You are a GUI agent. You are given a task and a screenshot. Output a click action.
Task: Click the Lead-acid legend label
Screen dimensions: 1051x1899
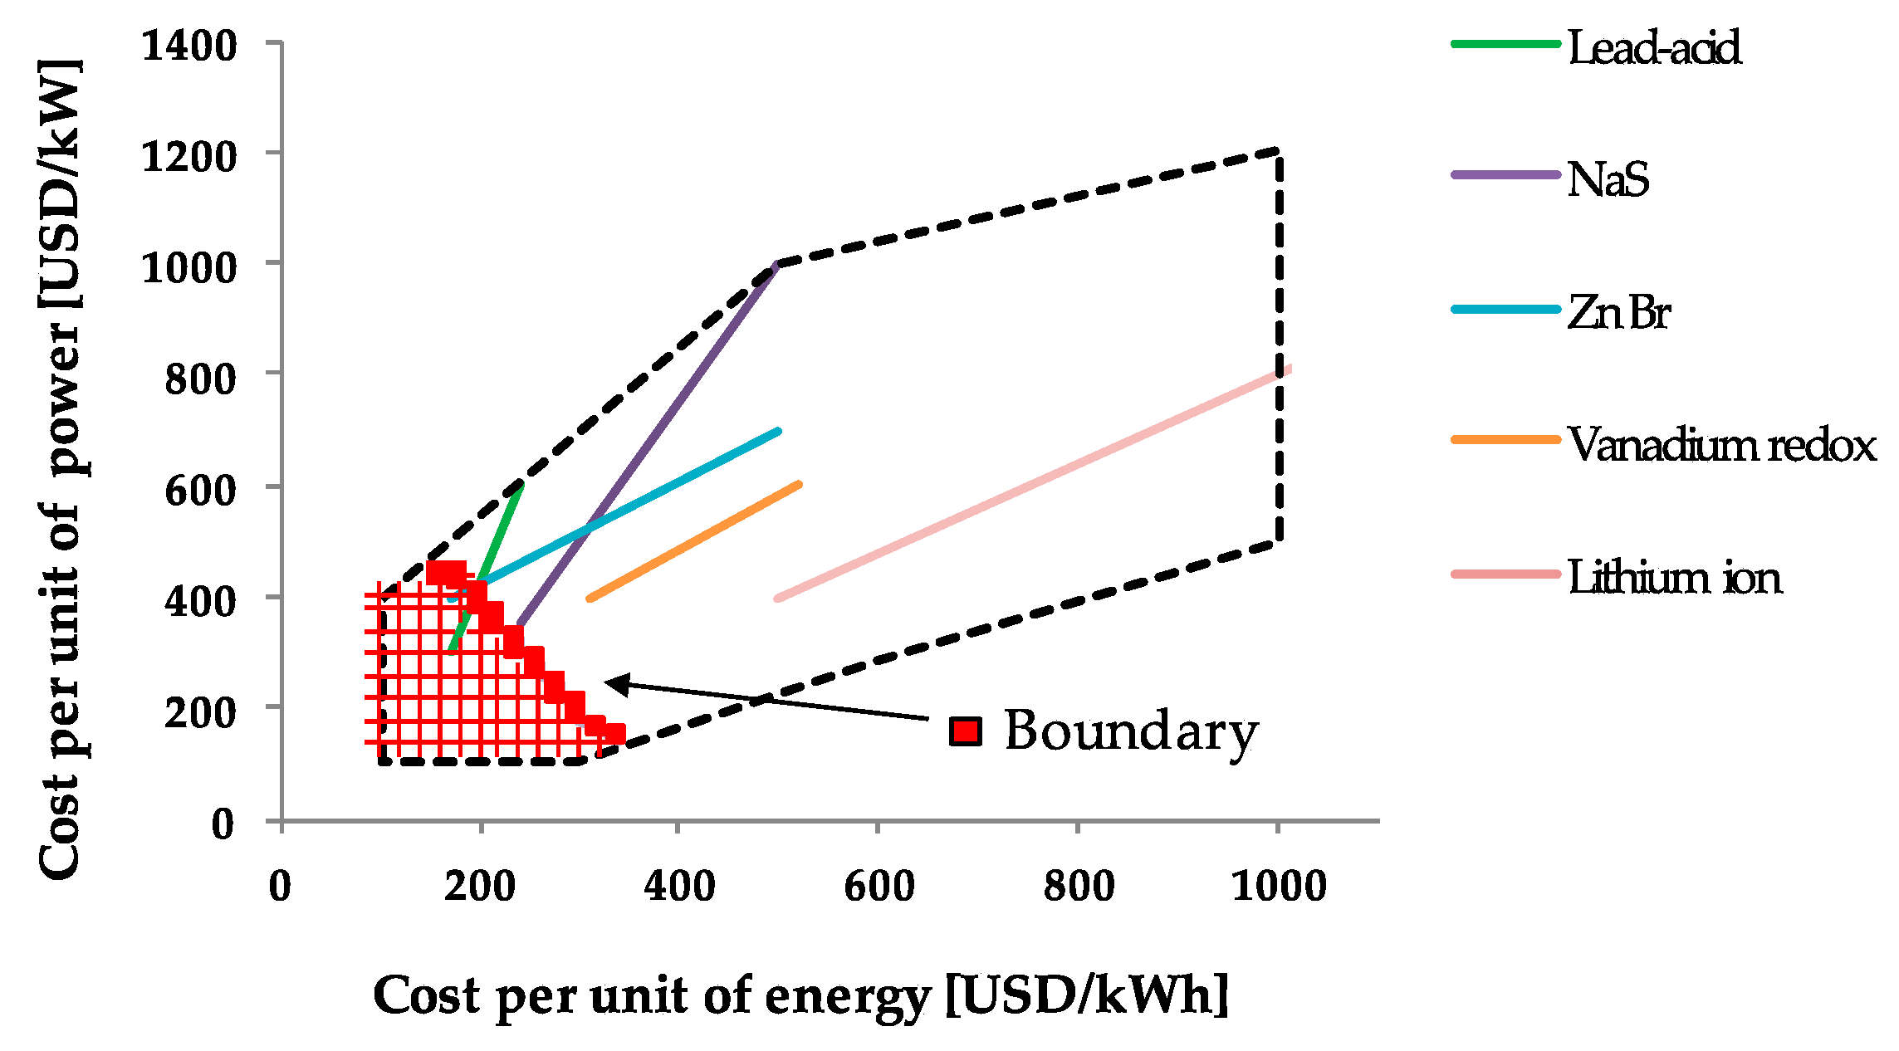pyautogui.click(x=1653, y=47)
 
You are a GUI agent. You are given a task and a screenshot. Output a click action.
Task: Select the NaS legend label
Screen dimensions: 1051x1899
pyautogui.click(x=1608, y=179)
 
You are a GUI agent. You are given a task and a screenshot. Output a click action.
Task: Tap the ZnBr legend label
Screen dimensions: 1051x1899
pyautogui.click(x=1618, y=313)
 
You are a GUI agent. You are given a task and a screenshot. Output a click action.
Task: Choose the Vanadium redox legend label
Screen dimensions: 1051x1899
pyautogui.click(x=1721, y=445)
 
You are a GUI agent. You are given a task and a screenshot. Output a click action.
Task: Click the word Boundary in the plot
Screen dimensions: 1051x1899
pyautogui.click(x=1131, y=731)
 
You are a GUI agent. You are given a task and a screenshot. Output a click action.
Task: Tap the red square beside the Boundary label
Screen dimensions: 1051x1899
pyautogui.click(x=966, y=731)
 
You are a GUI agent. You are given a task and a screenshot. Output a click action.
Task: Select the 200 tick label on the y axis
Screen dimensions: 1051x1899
pyautogui.click(x=200, y=712)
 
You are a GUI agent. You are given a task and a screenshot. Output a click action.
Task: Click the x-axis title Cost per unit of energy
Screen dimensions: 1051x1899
pyautogui.click(x=800, y=995)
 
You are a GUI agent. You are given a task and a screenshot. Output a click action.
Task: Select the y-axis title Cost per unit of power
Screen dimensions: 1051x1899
pyautogui.click(x=61, y=469)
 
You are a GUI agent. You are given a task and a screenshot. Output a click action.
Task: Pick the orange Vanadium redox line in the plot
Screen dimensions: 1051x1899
pyautogui.click(x=694, y=540)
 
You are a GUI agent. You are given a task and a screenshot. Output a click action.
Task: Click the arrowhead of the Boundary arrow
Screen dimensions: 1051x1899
pyautogui.click(x=614, y=683)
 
